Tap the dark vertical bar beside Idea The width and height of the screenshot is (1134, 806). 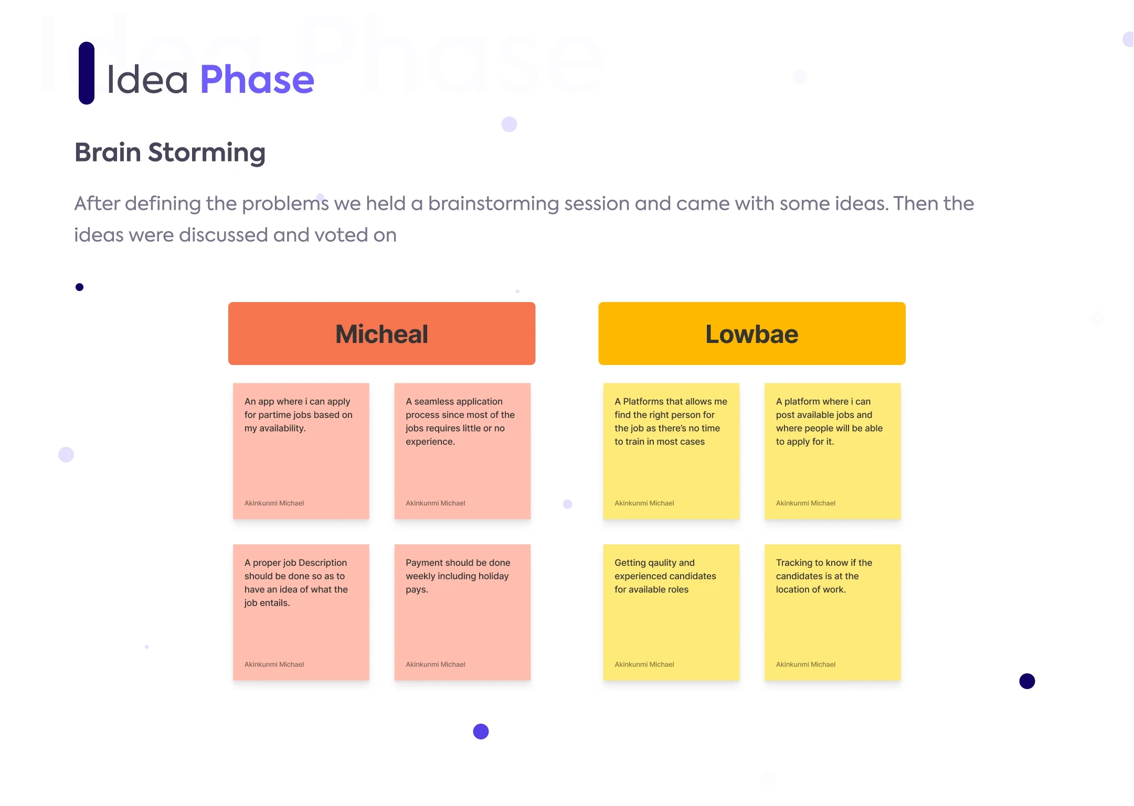point(87,73)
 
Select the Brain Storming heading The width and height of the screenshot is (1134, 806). point(170,153)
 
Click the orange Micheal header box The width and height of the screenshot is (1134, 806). point(381,334)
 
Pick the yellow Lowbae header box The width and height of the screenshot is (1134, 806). point(752,334)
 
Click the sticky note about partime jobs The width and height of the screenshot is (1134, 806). point(301,451)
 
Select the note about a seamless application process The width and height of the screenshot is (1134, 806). point(462,451)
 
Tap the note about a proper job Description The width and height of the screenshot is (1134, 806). point(301,612)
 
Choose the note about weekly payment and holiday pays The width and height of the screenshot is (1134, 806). point(462,612)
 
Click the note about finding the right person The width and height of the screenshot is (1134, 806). point(671,451)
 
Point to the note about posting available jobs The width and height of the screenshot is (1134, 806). point(833,451)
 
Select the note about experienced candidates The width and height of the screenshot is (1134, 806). point(671,612)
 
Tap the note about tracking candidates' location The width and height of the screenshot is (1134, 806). point(833,612)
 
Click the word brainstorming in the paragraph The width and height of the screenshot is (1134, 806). point(493,204)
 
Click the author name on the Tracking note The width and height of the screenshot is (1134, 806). point(806,664)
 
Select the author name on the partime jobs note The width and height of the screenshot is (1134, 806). point(274,503)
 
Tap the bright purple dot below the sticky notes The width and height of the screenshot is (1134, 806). point(481,732)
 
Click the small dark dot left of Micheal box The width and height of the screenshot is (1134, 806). point(79,287)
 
